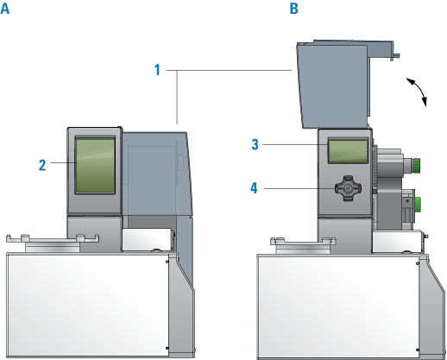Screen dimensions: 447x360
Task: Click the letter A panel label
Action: (5, 9)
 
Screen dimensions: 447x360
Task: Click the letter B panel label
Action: (293, 9)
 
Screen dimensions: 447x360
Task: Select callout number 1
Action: (157, 70)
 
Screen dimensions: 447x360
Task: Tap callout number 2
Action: (42, 165)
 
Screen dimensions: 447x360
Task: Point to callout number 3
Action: (255, 144)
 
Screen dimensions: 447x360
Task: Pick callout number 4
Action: (254, 188)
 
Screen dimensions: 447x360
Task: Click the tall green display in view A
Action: (95, 165)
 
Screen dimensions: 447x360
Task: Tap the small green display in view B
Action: (348, 151)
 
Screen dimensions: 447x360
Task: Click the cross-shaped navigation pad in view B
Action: (348, 188)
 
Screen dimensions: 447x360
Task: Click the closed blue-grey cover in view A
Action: (158, 174)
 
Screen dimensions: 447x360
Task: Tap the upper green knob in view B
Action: (417, 164)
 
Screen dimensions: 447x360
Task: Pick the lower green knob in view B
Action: (418, 205)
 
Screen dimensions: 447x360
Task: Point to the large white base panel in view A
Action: (87, 306)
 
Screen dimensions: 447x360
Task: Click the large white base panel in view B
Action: (338, 307)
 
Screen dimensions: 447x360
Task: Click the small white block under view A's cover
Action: (148, 239)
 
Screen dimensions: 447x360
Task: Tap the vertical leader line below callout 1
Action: (177, 97)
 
